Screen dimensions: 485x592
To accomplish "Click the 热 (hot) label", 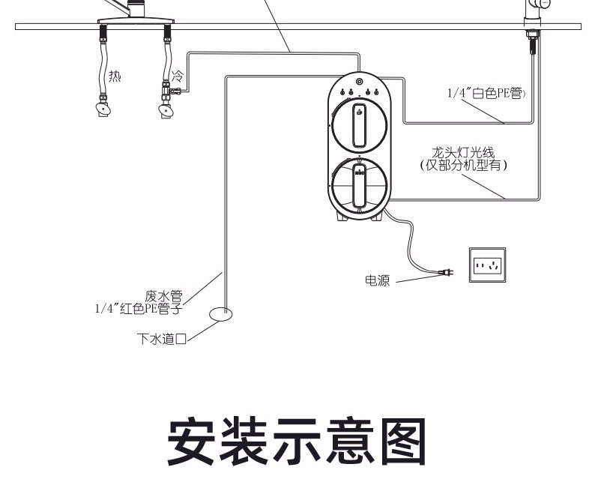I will pyautogui.click(x=115, y=76).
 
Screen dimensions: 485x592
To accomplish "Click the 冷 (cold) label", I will pyautogui.click(x=178, y=76).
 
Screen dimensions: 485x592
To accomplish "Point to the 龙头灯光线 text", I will pyautogui.click(x=463, y=154).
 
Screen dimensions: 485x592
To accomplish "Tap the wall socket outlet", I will pyautogui.click(x=487, y=265).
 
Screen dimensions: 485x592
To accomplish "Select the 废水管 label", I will pyautogui.click(x=163, y=296).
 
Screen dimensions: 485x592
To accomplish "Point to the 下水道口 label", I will pyautogui.click(x=160, y=339).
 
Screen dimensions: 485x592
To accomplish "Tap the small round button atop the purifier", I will pyautogui.click(x=360, y=81).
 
